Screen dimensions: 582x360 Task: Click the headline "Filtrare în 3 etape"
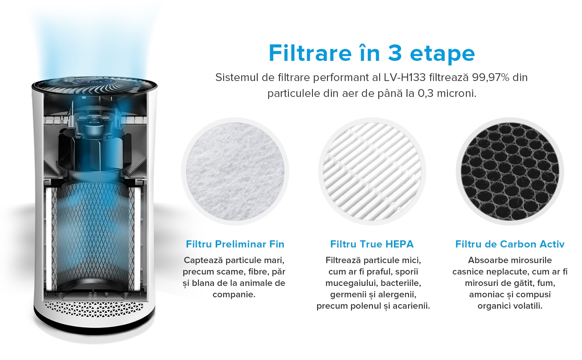pyautogui.click(x=371, y=53)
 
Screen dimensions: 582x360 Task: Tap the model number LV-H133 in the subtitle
pyautogui.click(x=405, y=77)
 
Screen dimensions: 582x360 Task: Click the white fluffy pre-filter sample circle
pyautogui.click(x=235, y=171)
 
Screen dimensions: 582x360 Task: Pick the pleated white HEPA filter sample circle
pyautogui.click(x=372, y=171)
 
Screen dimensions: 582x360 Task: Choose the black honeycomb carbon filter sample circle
pyautogui.click(x=510, y=171)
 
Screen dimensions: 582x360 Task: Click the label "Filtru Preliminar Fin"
pyautogui.click(x=235, y=244)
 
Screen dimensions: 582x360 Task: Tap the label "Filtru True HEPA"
pyautogui.click(x=372, y=244)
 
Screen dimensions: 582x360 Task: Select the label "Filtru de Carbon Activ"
pyautogui.click(x=510, y=244)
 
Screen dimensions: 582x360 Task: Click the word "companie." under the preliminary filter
pyautogui.click(x=234, y=295)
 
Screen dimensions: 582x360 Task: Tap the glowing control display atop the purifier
pyautogui.click(x=94, y=82)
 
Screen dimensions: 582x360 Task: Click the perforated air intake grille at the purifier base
pyautogui.click(x=94, y=309)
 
